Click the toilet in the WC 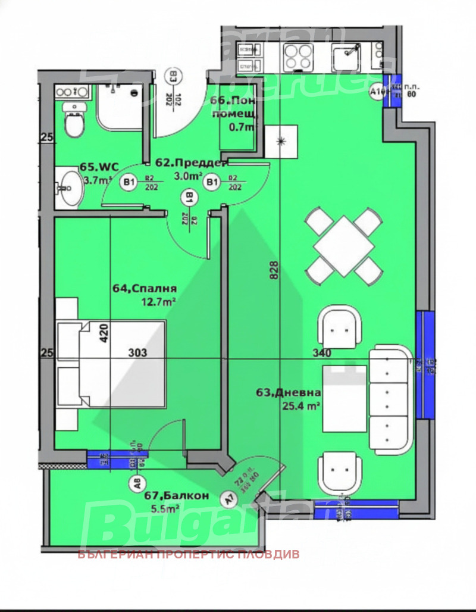[75, 123]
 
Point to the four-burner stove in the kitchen [297, 57]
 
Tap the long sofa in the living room [390, 399]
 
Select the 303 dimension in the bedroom [137, 352]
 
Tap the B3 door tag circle [174, 76]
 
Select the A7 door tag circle [227, 499]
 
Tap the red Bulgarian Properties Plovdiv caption [189, 554]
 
